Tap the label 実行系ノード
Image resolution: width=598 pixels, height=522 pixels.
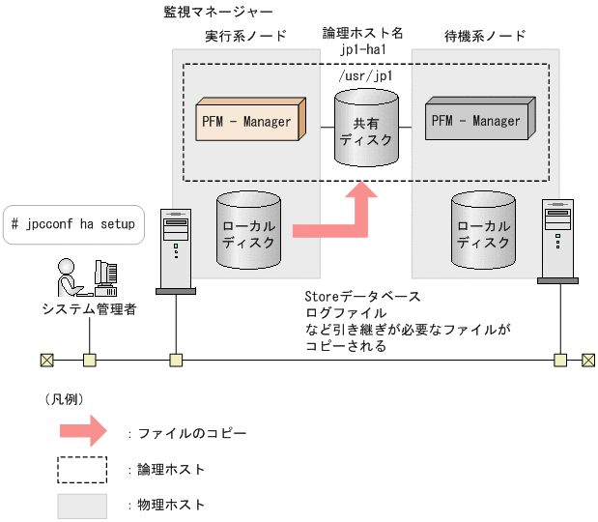(x=245, y=37)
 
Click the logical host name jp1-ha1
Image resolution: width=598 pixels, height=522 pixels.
(x=362, y=48)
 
